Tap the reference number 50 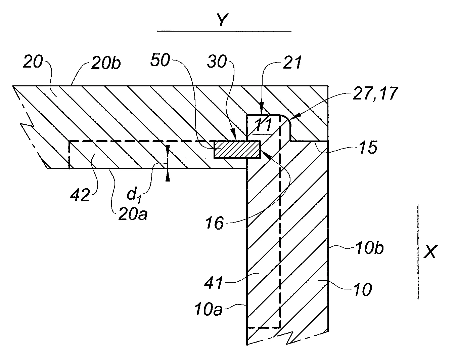161,61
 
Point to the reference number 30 217,62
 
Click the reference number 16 215,223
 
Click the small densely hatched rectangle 237,150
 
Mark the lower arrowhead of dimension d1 167,177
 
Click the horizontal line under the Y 224,31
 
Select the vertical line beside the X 418,251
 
